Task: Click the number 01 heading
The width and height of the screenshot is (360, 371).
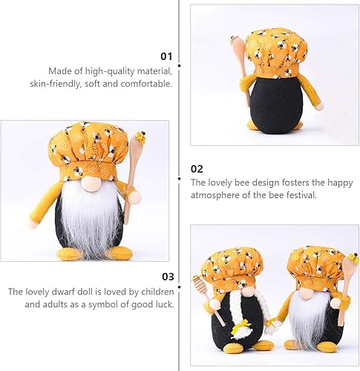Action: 166,56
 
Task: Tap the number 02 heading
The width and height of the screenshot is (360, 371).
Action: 197,168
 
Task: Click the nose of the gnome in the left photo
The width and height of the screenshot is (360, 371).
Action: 88,183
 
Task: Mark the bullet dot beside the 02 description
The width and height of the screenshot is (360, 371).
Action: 180,179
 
